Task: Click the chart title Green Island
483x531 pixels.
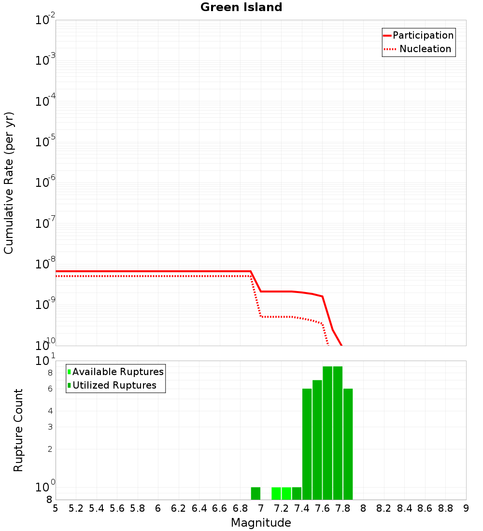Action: (241, 7)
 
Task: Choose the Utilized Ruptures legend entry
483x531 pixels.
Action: (114, 385)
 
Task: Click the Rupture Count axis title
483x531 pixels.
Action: (18, 430)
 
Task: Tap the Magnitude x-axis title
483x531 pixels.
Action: (261, 522)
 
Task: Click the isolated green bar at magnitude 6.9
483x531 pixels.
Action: (256, 493)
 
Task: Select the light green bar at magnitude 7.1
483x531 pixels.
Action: (276, 493)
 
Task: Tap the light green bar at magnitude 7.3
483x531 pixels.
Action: (286, 493)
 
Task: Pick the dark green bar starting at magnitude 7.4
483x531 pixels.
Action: (307, 444)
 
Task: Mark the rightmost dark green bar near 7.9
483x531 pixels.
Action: (348, 444)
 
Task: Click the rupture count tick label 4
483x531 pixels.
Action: (50, 411)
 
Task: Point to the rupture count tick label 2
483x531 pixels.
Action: (50, 449)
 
